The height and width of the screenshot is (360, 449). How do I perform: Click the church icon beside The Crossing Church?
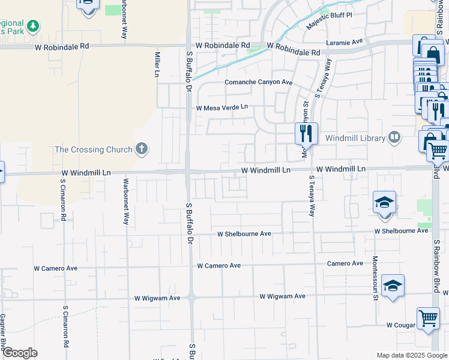pos(142,149)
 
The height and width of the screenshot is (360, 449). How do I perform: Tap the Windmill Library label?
pos(355,138)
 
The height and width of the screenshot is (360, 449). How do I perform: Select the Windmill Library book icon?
pos(394,137)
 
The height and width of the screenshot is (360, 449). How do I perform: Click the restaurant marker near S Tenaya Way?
pos(306,133)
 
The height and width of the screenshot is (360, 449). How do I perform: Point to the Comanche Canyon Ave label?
pos(258,82)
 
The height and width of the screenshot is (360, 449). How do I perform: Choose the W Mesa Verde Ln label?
pos(221,107)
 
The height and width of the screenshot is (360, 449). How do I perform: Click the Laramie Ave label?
pos(345,42)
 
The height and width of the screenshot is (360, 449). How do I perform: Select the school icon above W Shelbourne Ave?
pos(384,202)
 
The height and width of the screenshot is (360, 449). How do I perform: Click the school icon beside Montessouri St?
pos(393,286)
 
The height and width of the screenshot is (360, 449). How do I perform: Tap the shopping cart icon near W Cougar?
pos(427,317)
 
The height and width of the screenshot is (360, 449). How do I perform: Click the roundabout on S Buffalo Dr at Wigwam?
pos(191,297)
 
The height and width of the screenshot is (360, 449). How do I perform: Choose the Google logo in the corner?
pos(20,353)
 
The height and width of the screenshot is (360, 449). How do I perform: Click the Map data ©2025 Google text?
pos(412,355)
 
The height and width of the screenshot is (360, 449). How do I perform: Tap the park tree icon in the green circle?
pos(34,26)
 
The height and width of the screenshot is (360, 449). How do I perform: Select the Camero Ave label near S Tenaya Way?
pos(345,263)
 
